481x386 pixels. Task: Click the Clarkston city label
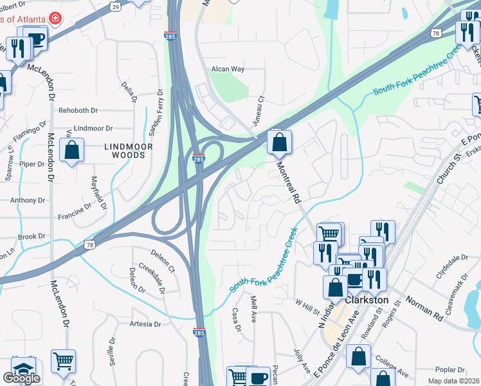(x=367, y=300)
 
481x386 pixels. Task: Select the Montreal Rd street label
(x=289, y=183)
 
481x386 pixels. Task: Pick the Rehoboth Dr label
(x=77, y=111)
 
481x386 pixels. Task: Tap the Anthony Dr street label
(x=28, y=200)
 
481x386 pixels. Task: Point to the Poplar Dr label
(x=450, y=370)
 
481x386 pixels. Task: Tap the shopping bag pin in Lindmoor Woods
(x=72, y=151)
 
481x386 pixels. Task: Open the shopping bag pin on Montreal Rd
(x=279, y=143)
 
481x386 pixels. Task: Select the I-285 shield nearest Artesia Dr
(x=199, y=332)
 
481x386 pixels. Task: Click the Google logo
(x=21, y=378)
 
